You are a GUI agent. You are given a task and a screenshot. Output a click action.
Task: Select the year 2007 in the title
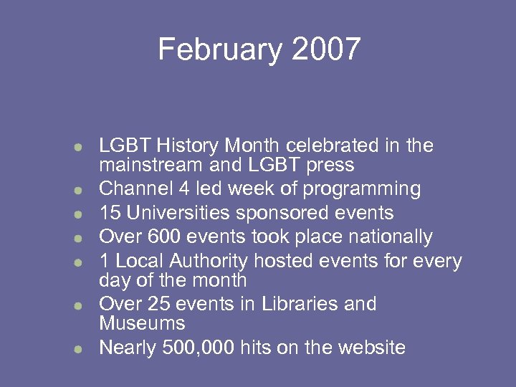tap(326, 49)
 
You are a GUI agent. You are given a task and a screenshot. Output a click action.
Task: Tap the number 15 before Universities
tap(110, 213)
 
